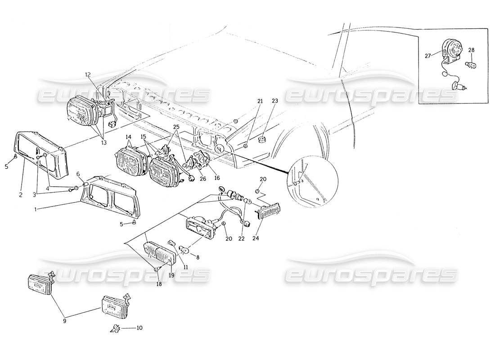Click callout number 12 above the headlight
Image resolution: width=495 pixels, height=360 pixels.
[88, 74]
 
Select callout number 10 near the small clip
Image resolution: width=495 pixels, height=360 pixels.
[139, 328]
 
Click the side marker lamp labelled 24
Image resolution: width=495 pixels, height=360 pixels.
[270, 211]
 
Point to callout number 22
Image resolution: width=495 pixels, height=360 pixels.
[241, 238]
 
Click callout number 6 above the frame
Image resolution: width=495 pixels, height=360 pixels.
[78, 174]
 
